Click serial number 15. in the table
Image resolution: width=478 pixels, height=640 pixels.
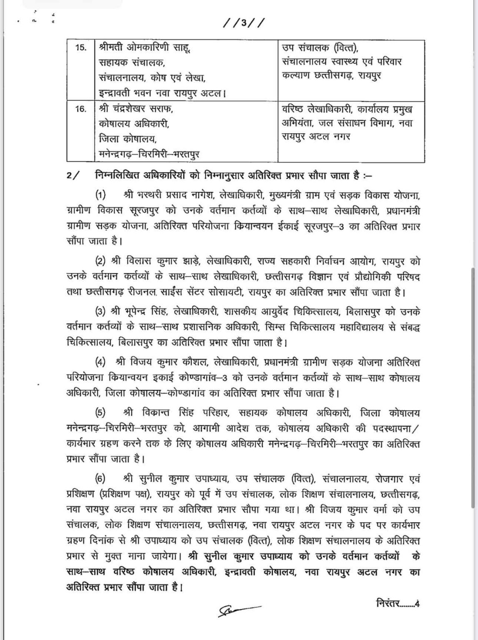pyautogui.click(x=81, y=47)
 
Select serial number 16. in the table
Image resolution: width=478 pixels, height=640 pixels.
pyautogui.click(x=81, y=109)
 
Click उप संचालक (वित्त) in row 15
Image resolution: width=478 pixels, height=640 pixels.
pyautogui.click(x=319, y=47)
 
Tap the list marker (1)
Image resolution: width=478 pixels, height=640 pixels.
pyautogui.click(x=101, y=195)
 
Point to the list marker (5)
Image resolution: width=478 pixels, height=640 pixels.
pyautogui.click(x=101, y=413)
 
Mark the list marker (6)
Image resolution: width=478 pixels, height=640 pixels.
pyautogui.click(x=101, y=479)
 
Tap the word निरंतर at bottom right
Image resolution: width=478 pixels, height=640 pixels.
pyautogui.click(x=387, y=603)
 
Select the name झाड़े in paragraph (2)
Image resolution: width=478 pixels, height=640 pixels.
pyautogui.click(x=190, y=262)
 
